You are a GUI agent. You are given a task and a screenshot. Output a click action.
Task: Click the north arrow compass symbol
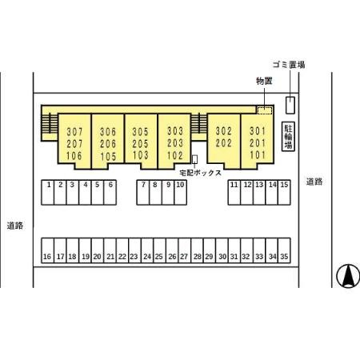pos(348,276)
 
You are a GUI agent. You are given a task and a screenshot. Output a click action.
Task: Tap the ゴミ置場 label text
pos(289,65)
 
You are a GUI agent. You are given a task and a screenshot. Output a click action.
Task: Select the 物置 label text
pos(264,81)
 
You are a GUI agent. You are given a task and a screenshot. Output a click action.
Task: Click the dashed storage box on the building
pos(264,110)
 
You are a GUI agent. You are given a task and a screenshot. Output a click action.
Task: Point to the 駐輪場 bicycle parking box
pos(288,137)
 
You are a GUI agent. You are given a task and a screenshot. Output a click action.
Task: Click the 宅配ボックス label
pos(201,173)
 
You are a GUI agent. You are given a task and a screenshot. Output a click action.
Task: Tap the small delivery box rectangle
pos(195,159)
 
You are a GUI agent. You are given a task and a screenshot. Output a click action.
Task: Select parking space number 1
pos(48,193)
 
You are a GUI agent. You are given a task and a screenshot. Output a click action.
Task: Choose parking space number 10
pos(180,193)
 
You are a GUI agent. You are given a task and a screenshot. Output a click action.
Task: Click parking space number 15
pos(284,193)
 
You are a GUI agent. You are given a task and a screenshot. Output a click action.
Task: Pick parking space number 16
pos(48,250)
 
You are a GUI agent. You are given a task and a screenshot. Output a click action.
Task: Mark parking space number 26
pos(172,250)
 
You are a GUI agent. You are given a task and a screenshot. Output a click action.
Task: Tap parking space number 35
pos(284,250)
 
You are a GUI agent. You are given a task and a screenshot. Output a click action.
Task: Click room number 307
pos(74,132)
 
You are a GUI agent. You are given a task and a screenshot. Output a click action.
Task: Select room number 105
pos(108,157)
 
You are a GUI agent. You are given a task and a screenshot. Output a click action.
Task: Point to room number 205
pos(140,144)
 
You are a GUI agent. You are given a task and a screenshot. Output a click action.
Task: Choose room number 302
pos(224,131)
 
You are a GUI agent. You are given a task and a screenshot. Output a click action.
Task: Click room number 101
pos(258,155)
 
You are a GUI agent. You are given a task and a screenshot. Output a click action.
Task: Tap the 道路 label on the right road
pos(314,182)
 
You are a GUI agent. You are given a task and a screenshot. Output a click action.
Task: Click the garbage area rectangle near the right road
pos(290,106)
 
